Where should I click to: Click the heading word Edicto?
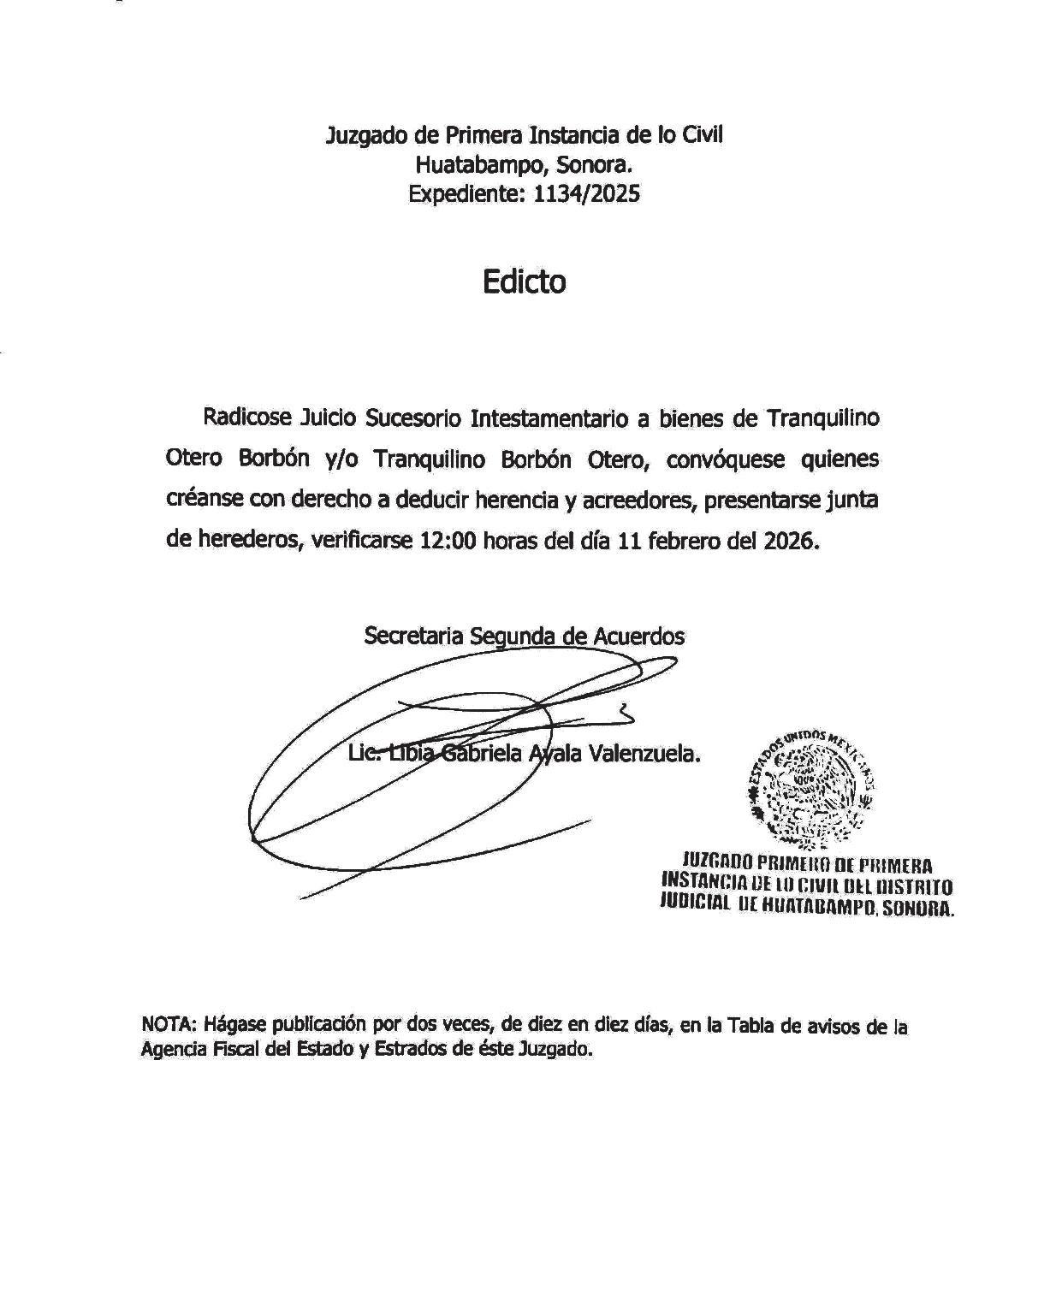tap(524, 281)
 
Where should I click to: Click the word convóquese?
tap(726, 460)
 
